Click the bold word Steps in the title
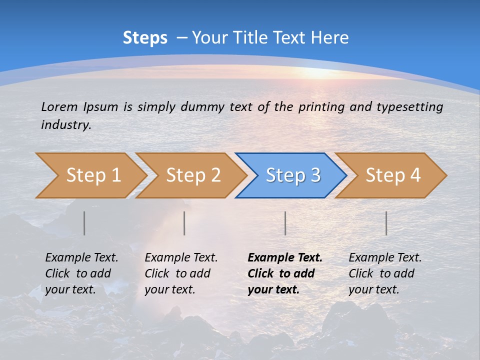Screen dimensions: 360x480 (x=145, y=38)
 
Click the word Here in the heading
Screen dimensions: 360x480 (x=329, y=38)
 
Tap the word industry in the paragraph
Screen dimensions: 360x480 (x=65, y=124)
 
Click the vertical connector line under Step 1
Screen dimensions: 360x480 (x=84, y=223)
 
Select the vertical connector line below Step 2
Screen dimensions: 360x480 (x=184, y=223)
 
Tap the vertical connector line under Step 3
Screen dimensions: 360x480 (x=285, y=223)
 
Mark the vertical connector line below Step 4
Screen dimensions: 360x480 (x=386, y=223)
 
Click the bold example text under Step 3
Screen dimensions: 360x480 (x=284, y=273)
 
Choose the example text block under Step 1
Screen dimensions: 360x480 (x=81, y=273)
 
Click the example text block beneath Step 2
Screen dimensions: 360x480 (x=180, y=273)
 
